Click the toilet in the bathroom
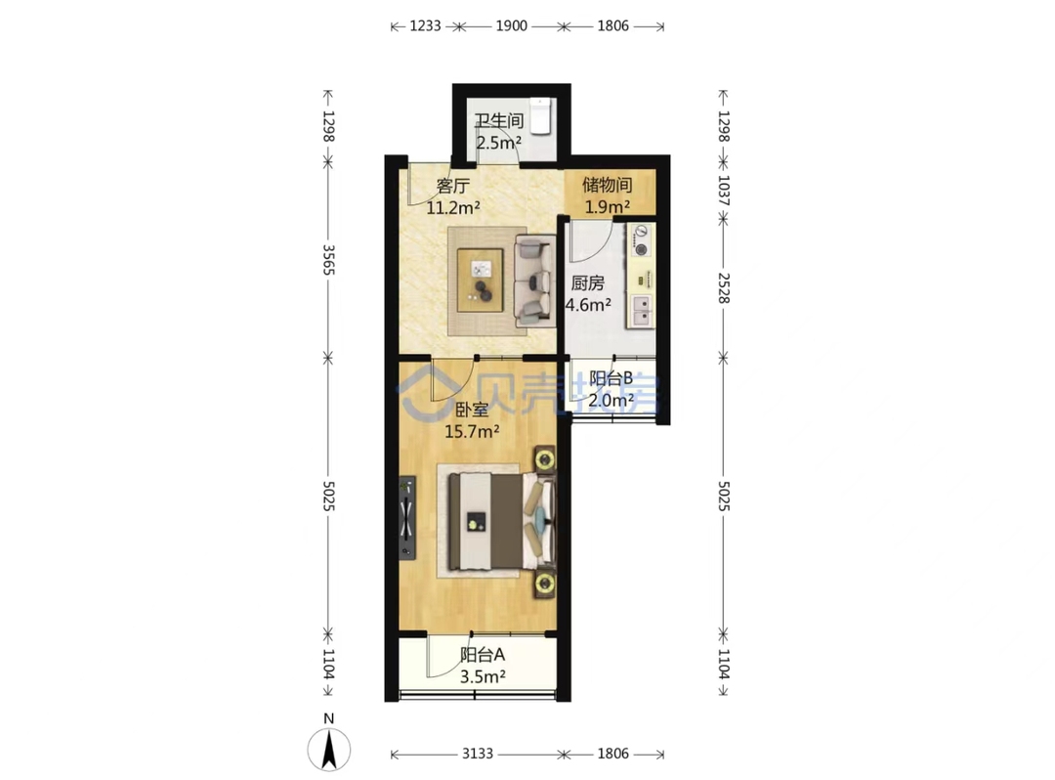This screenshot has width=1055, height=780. click(x=540, y=115)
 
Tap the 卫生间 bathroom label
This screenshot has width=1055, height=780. click(x=498, y=121)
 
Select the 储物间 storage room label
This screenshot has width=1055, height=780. click(x=607, y=185)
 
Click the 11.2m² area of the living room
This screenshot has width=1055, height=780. click(x=453, y=207)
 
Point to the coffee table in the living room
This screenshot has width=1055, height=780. click(x=480, y=280)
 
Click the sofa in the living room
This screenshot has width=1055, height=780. click(x=535, y=281)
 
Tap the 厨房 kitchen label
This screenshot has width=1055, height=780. click(x=587, y=283)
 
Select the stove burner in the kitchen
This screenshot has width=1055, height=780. click(x=641, y=240)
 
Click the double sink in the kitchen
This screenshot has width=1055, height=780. click(x=641, y=311)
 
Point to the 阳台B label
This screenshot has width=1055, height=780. click(x=611, y=378)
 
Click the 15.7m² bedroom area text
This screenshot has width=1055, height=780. click(x=472, y=431)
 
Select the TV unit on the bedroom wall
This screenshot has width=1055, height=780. click(x=406, y=518)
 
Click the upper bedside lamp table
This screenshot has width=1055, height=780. click(x=544, y=459)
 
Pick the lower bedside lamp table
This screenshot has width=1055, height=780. click(x=544, y=584)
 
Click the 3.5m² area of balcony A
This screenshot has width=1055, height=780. click(x=483, y=676)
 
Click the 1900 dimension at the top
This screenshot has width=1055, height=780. click(x=511, y=26)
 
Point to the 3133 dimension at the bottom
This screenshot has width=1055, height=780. click(x=477, y=754)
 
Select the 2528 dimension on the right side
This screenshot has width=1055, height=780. click(x=724, y=288)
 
